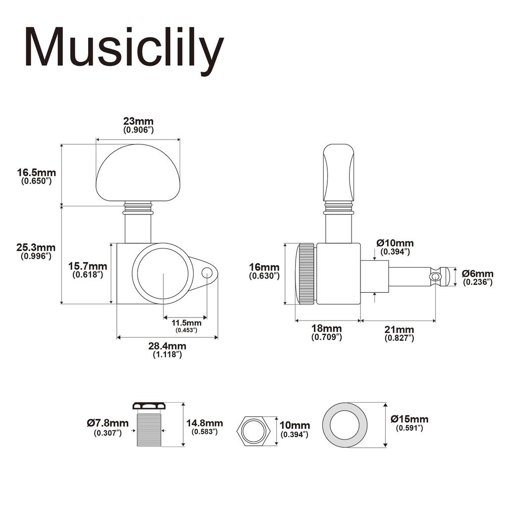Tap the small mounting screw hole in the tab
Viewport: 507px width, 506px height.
point(207,271)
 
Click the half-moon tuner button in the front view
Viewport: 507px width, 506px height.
point(138,173)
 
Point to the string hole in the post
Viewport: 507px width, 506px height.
point(435,276)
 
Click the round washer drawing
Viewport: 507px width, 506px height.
point(346,425)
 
